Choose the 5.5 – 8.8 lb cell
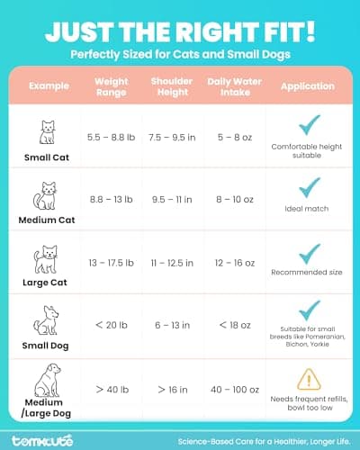[112, 138]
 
